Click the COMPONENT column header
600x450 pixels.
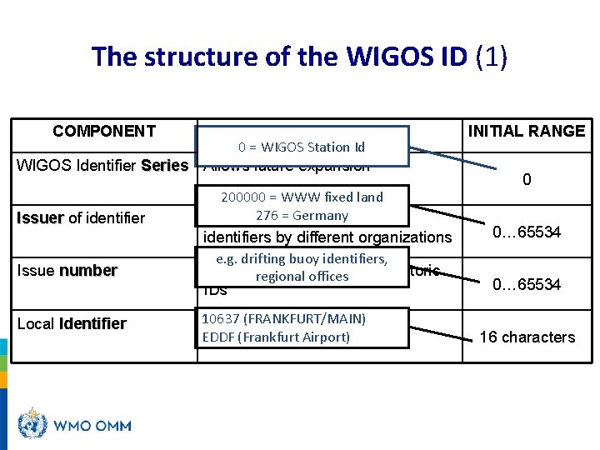coord(104,131)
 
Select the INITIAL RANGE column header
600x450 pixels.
coord(527,131)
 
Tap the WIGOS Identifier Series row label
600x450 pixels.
coord(102,165)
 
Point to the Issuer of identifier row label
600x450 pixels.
coord(81,218)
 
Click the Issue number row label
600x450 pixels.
coord(67,271)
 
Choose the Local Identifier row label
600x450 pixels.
coord(72,323)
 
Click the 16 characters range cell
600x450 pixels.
coord(527,337)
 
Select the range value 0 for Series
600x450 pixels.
coord(527,180)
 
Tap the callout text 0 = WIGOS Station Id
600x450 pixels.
coord(302,147)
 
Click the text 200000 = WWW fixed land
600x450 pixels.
coord(302,197)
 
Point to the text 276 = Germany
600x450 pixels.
coord(302,216)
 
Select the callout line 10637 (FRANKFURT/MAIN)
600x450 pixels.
coord(284,318)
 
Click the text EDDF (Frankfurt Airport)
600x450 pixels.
coord(276,337)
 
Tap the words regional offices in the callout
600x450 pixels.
coord(302,277)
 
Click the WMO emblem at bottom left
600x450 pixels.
coord(33,424)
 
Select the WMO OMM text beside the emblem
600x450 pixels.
coord(92,426)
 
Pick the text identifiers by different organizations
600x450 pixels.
coord(327,237)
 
